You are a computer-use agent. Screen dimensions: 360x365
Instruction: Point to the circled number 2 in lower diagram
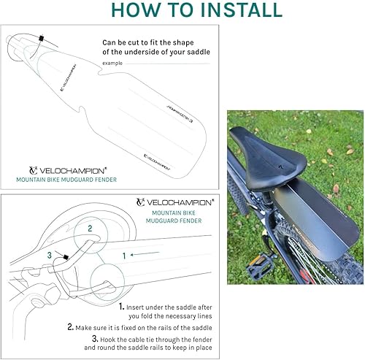click(90, 229)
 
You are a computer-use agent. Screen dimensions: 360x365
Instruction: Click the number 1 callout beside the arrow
click(125, 255)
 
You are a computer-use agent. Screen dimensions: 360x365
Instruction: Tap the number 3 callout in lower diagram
click(49, 256)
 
